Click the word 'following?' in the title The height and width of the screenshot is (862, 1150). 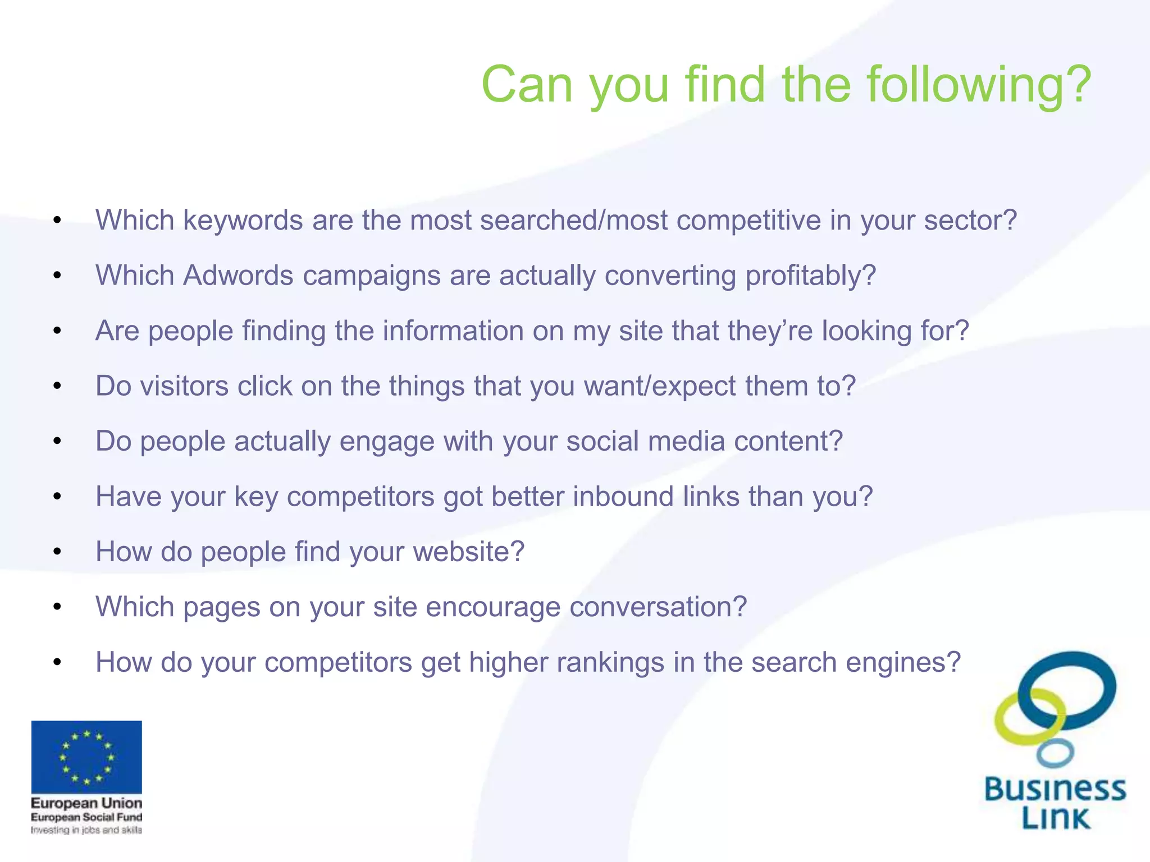979,85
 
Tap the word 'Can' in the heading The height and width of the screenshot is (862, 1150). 527,85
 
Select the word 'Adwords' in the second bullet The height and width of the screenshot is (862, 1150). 238,276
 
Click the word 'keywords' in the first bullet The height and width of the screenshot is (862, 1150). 243,220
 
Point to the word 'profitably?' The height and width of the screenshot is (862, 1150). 810,276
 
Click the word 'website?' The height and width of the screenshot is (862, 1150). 468,552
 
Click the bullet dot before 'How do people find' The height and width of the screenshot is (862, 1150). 57,552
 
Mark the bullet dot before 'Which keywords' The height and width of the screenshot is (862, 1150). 57,220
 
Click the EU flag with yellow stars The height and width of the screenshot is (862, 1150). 86,756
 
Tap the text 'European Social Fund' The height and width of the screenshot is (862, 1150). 86,817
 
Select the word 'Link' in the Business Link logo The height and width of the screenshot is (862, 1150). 1056,819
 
